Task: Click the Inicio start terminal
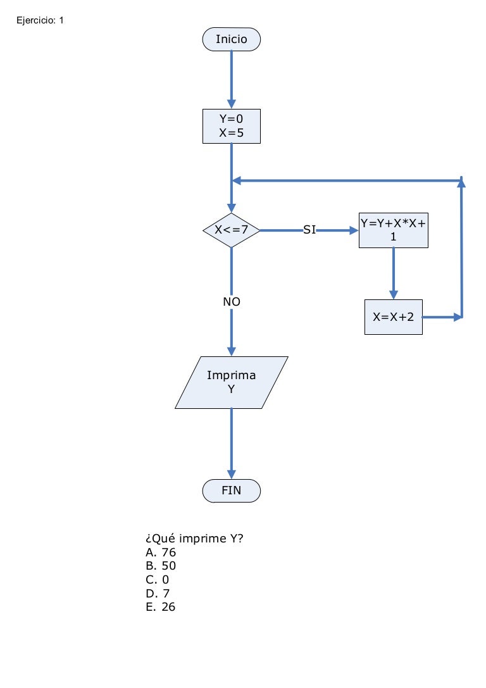pyautogui.click(x=231, y=39)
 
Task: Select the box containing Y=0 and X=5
pyautogui.click(x=231, y=126)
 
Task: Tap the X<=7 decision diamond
pyautogui.click(x=231, y=230)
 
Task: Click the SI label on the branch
pyautogui.click(x=309, y=230)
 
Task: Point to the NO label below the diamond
pyautogui.click(x=232, y=303)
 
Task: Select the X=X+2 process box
pyautogui.click(x=394, y=317)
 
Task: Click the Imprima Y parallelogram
pyautogui.click(x=232, y=382)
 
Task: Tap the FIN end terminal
pyautogui.click(x=231, y=490)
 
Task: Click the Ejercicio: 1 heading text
pyautogui.click(x=40, y=20)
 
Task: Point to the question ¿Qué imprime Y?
pyautogui.click(x=195, y=539)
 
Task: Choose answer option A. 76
pyautogui.click(x=161, y=553)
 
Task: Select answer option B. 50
pyautogui.click(x=161, y=566)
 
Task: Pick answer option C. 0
pyautogui.click(x=158, y=580)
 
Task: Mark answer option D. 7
pyautogui.click(x=158, y=593)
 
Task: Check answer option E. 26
pyautogui.click(x=161, y=607)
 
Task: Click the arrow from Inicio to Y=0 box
pyautogui.click(x=232, y=79)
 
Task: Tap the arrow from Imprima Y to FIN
pyautogui.click(x=232, y=443)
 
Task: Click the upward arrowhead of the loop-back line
pyautogui.click(x=462, y=183)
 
